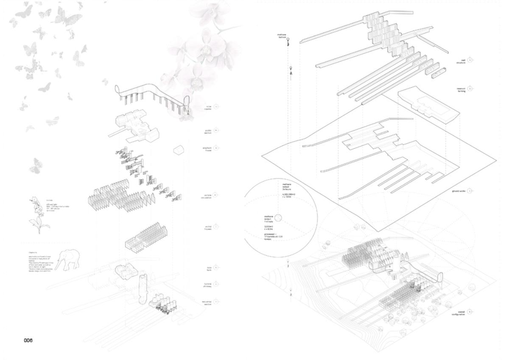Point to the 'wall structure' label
[x=461, y=61]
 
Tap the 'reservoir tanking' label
[x=461, y=90]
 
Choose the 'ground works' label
[x=459, y=191]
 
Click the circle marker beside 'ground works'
[x=471, y=191]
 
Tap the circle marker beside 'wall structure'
[x=471, y=60]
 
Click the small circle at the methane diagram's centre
[x=278, y=217]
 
